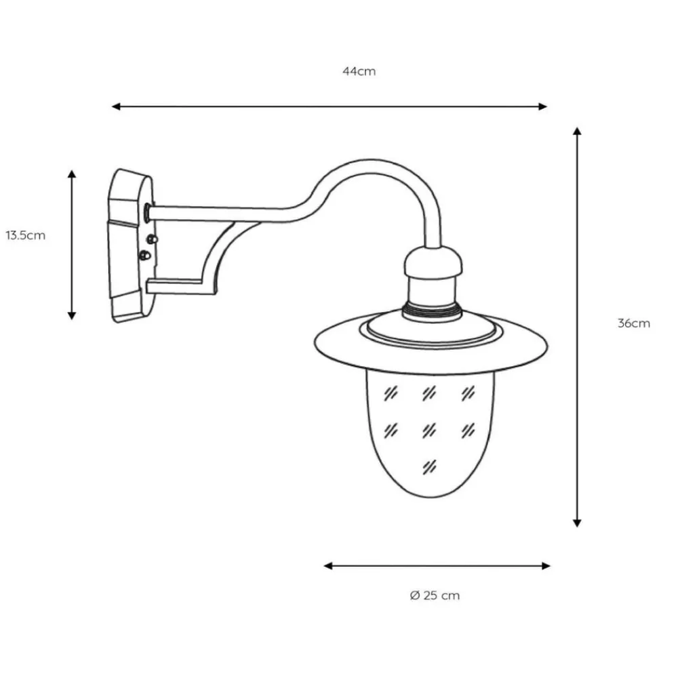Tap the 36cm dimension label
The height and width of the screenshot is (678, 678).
[x=633, y=323]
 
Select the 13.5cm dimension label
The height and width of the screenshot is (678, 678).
[x=26, y=236]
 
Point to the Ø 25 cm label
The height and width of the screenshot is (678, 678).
[x=435, y=596]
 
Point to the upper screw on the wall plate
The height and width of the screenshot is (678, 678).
[x=152, y=239]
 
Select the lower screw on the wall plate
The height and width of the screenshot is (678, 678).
[x=144, y=256]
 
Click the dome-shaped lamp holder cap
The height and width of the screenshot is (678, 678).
[x=433, y=264]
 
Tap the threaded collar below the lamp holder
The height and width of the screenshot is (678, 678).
[x=432, y=311]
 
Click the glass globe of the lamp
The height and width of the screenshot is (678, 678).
[x=430, y=434]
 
